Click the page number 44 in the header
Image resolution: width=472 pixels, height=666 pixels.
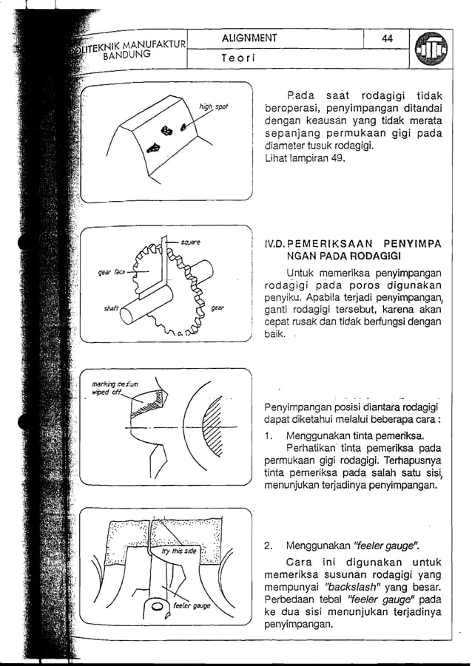387,38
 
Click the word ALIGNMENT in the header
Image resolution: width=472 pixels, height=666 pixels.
248,38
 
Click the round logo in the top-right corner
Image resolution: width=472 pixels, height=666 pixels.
432,51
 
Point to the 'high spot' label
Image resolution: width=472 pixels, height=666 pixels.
213,108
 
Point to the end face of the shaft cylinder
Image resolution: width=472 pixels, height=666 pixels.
127,315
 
